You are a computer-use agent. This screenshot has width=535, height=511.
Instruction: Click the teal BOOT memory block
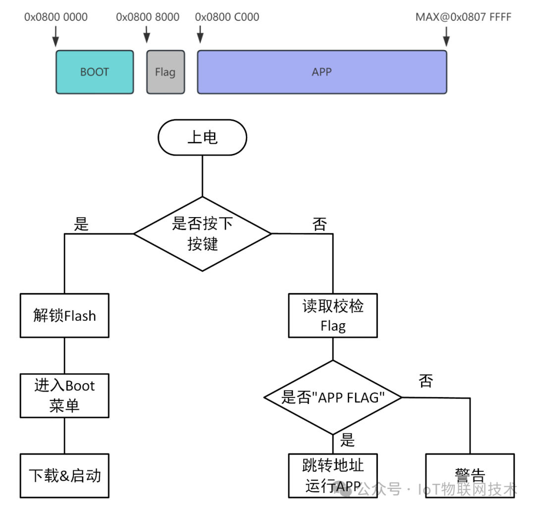pyautogui.click(x=94, y=72)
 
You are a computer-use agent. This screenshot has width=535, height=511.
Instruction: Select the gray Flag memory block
pyautogui.click(x=165, y=72)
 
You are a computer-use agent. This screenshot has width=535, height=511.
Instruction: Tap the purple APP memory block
pyautogui.click(x=322, y=72)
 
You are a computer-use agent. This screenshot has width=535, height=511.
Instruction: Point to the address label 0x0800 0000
pyautogui.click(x=56, y=17)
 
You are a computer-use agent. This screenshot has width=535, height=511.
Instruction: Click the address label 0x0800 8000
pyautogui.click(x=148, y=17)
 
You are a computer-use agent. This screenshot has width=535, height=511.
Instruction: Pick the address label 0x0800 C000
pyautogui.click(x=227, y=17)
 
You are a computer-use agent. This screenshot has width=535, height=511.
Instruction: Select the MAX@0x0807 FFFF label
pyautogui.click(x=463, y=17)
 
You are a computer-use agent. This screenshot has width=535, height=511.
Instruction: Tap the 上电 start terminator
pyautogui.click(x=202, y=137)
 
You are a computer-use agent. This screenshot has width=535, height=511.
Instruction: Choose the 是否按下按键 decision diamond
pyautogui.click(x=203, y=234)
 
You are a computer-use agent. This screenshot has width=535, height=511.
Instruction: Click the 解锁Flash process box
pyautogui.click(x=64, y=316)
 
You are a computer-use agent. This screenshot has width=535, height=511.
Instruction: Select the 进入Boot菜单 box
pyautogui.click(x=64, y=396)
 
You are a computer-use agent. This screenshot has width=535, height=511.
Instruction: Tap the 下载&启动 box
pyautogui.click(x=64, y=476)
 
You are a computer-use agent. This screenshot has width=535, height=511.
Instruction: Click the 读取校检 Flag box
pyautogui.click(x=333, y=316)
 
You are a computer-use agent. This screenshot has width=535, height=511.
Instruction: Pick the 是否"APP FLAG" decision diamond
pyautogui.click(x=332, y=397)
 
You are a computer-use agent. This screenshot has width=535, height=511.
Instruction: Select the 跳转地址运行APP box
pyautogui.click(x=333, y=476)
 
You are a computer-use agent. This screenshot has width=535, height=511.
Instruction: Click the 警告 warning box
pyautogui.click(x=470, y=476)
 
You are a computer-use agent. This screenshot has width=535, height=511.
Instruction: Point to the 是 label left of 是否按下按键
pyautogui.click(x=81, y=224)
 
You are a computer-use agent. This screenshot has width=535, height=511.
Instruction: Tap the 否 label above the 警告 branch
pyautogui.click(x=426, y=381)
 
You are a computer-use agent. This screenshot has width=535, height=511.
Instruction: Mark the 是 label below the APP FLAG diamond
pyautogui.click(x=348, y=440)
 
